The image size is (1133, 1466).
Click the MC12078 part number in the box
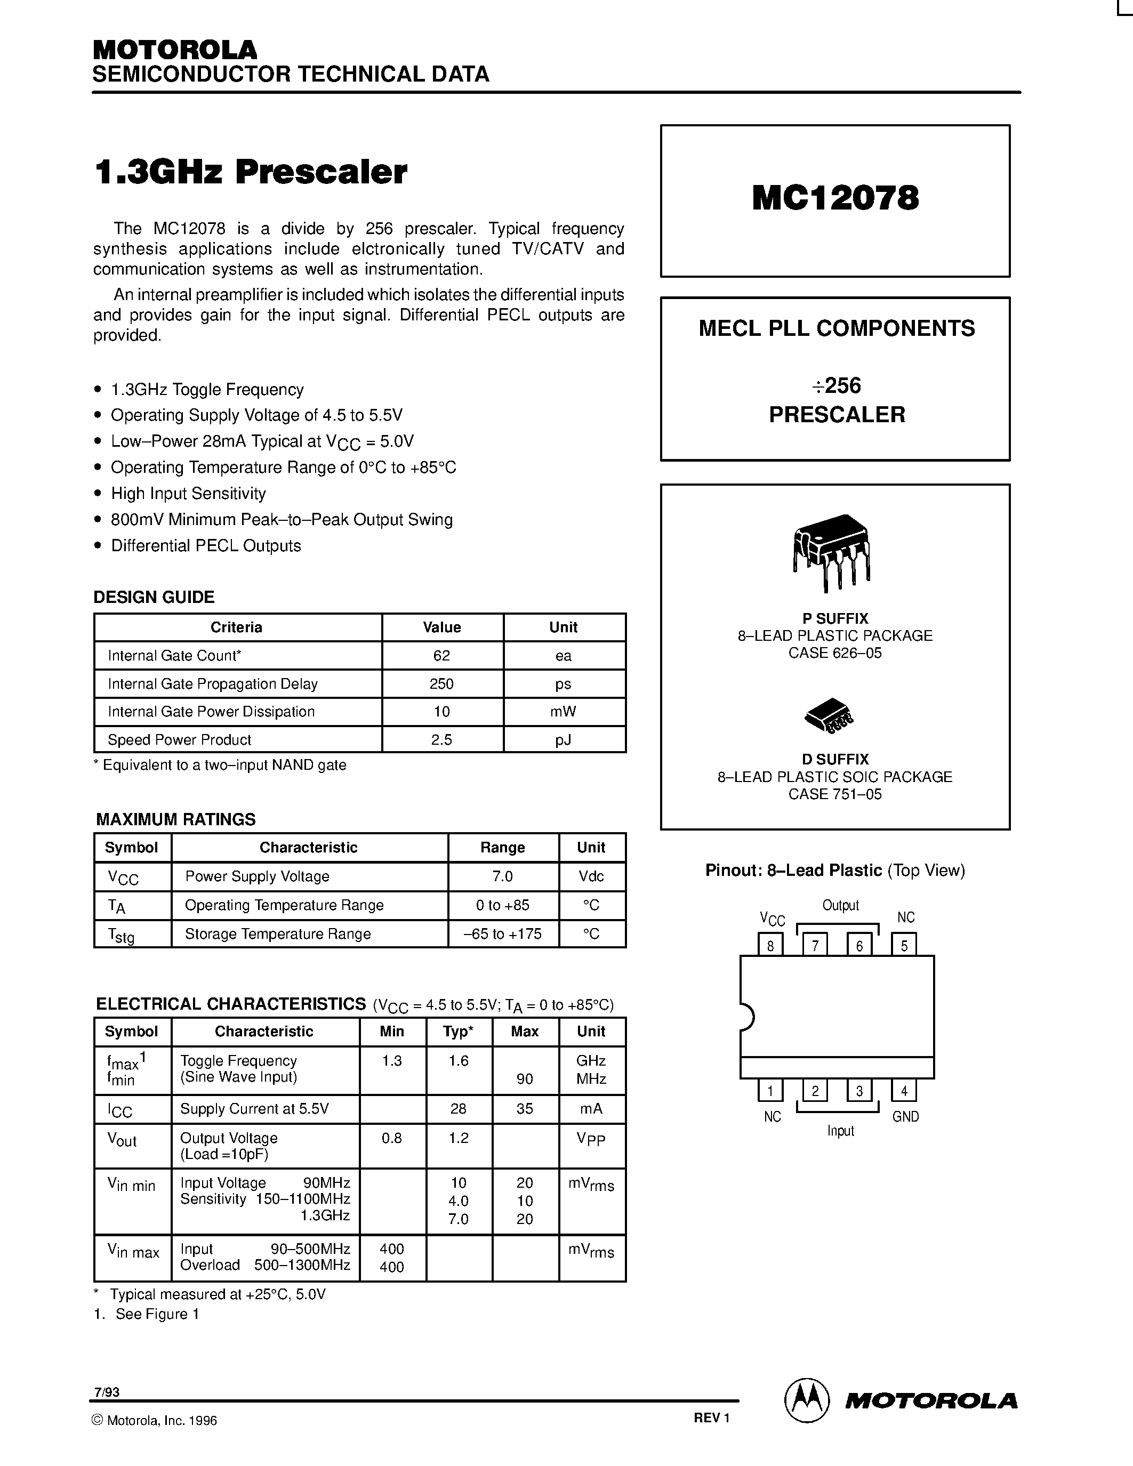tap(835, 198)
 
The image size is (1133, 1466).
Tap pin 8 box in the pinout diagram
tap(770, 945)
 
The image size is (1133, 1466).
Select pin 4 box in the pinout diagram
tap(903, 1091)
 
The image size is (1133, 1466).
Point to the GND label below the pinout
tap(905, 1117)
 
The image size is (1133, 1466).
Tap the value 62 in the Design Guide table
tap(441, 656)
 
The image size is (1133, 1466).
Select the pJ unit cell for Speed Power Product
tap(563, 740)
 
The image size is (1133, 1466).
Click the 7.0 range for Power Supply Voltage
tap(502, 876)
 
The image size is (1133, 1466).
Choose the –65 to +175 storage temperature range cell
tap(502, 933)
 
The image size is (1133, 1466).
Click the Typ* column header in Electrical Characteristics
tap(459, 1032)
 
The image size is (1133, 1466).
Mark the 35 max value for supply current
tap(525, 1109)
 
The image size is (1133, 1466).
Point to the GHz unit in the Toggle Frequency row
tap(591, 1060)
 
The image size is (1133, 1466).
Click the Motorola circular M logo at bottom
tap(807, 1400)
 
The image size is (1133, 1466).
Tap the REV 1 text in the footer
tap(711, 1417)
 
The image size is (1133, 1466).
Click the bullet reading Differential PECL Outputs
tap(205, 546)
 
